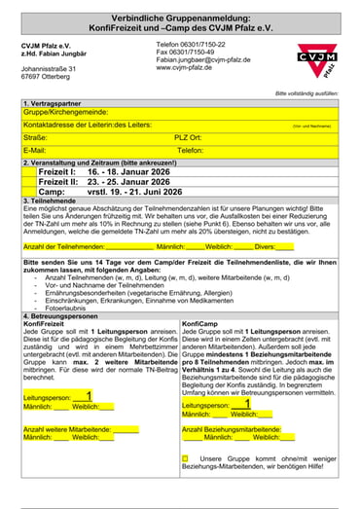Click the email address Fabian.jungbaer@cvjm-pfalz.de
209,60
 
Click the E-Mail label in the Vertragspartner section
35,151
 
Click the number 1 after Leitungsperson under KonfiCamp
247,404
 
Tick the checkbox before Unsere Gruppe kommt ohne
186,456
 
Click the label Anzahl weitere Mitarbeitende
66,428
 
